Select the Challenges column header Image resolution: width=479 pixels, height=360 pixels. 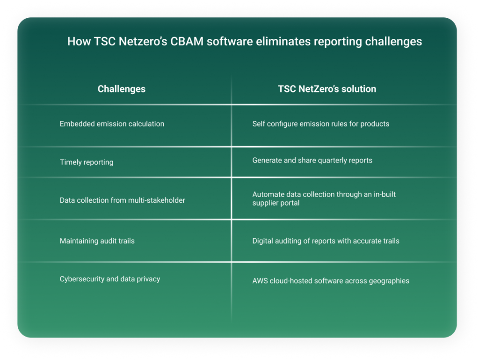(121, 89)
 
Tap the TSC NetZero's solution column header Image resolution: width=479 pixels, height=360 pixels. (327, 89)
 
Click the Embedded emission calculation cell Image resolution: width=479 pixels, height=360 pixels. (112, 124)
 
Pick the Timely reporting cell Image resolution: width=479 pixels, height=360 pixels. (87, 162)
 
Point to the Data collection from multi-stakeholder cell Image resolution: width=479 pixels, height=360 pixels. (123, 200)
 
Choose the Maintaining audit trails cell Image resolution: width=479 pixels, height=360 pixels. (97, 241)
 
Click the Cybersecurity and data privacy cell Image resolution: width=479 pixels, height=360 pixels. (110, 279)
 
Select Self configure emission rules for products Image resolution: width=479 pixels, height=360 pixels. (321, 124)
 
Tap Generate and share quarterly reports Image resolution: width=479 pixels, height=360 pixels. (312, 160)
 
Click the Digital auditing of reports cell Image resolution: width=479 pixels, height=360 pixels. (326, 241)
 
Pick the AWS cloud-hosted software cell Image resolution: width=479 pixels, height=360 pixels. (331, 281)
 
